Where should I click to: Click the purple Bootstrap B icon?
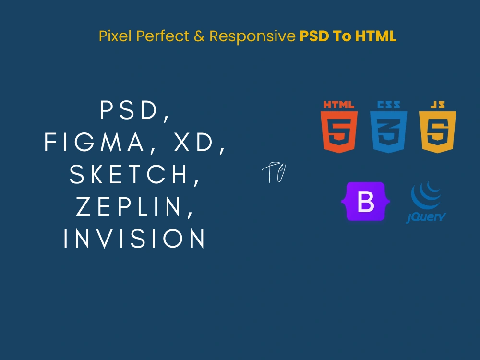coord(366,202)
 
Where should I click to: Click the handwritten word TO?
coord(274,173)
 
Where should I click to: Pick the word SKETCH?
coord(130,175)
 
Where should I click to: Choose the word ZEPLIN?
coord(130,207)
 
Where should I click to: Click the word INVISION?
coord(135,239)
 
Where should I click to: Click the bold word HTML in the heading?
coord(376,36)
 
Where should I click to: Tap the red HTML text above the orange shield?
coord(339,105)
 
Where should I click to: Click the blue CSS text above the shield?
coord(388,105)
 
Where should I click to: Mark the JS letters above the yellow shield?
coord(437,105)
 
